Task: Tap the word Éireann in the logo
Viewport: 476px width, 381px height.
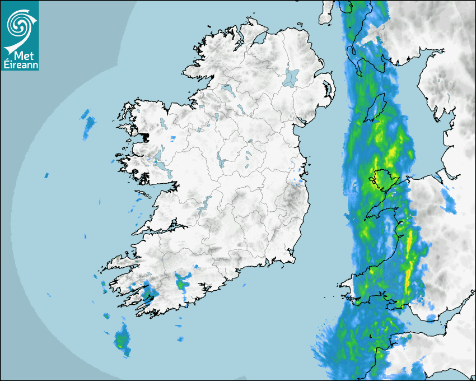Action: (20, 64)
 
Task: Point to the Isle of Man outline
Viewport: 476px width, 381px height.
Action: (375, 108)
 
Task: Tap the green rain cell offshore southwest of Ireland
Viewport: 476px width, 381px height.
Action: (122, 340)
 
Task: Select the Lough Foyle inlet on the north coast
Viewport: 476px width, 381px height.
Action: (259, 38)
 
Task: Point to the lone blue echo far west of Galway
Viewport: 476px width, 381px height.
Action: (47, 176)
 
